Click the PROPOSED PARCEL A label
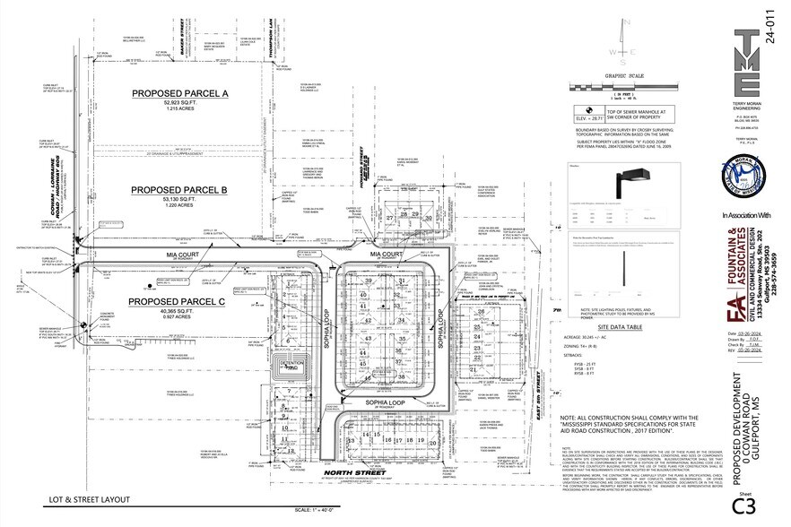pos(181,93)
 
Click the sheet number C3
pos(743,506)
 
